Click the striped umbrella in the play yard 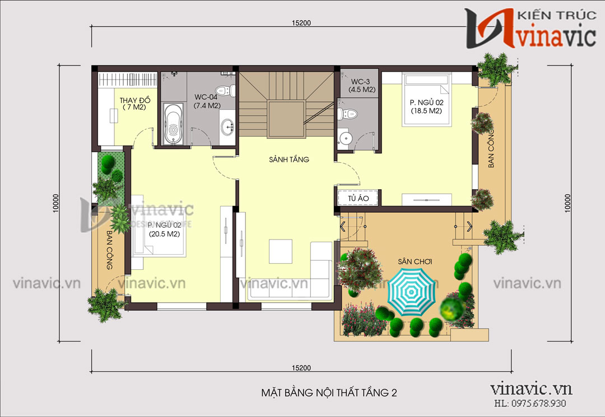pyautogui.click(x=411, y=292)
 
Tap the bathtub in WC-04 pyautogui.click(x=173, y=123)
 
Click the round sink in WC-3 pyautogui.click(x=345, y=138)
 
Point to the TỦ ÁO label pyautogui.click(x=358, y=198)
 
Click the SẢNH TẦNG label pyautogui.click(x=289, y=159)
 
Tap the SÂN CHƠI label pyautogui.click(x=415, y=262)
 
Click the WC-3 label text pyautogui.click(x=360, y=82)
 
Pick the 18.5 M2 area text pyautogui.click(x=426, y=111)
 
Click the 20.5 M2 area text pyautogui.click(x=164, y=233)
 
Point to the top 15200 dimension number pyautogui.click(x=301, y=23)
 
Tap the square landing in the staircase pyautogui.click(x=287, y=119)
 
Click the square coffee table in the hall pyautogui.click(x=281, y=251)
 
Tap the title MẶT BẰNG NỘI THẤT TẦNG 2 pyautogui.click(x=329, y=393)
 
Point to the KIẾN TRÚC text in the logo pyautogui.click(x=556, y=16)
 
